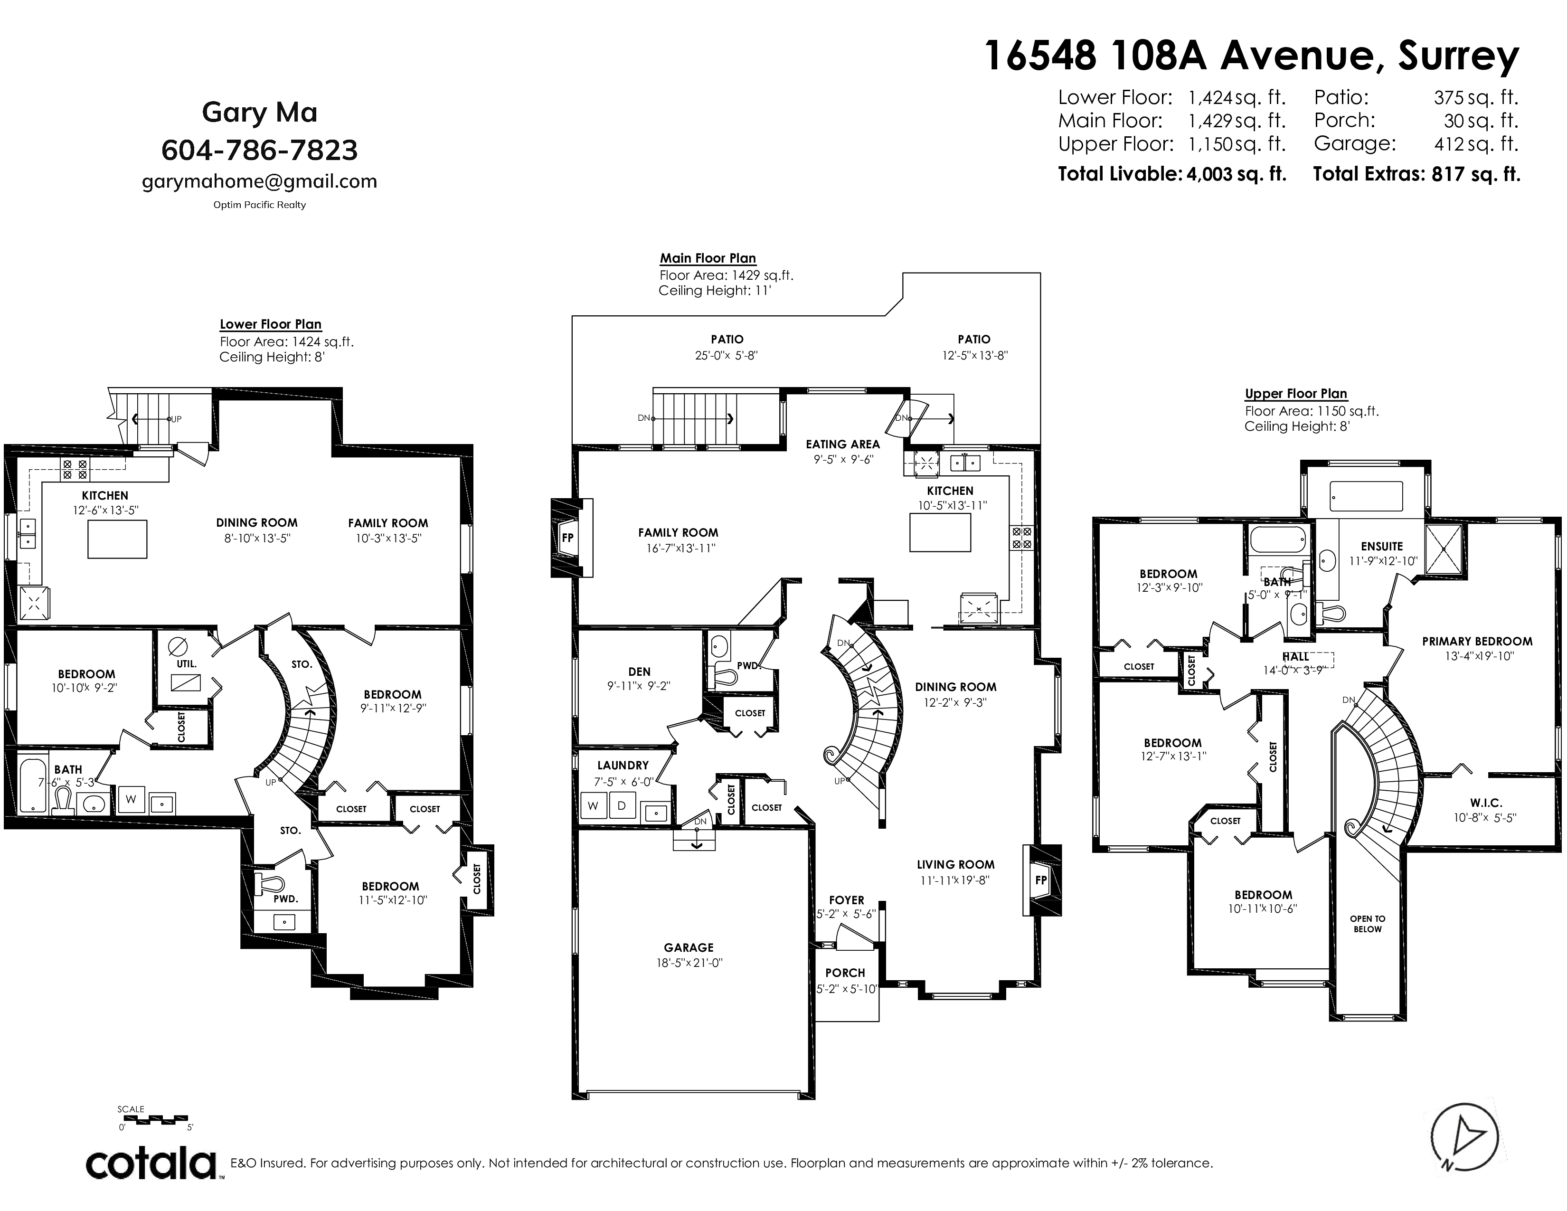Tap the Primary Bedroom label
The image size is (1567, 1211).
pos(1477,642)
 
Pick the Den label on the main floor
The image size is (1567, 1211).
pos(639,672)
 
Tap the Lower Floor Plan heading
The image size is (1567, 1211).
pos(271,324)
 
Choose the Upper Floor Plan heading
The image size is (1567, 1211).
pos(1296,394)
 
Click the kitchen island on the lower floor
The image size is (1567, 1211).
pos(118,539)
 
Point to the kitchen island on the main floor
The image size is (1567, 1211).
pos(940,532)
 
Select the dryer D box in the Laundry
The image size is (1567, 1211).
pos(622,805)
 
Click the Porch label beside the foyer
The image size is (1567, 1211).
pos(845,973)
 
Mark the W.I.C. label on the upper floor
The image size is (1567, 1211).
pos(1486,803)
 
